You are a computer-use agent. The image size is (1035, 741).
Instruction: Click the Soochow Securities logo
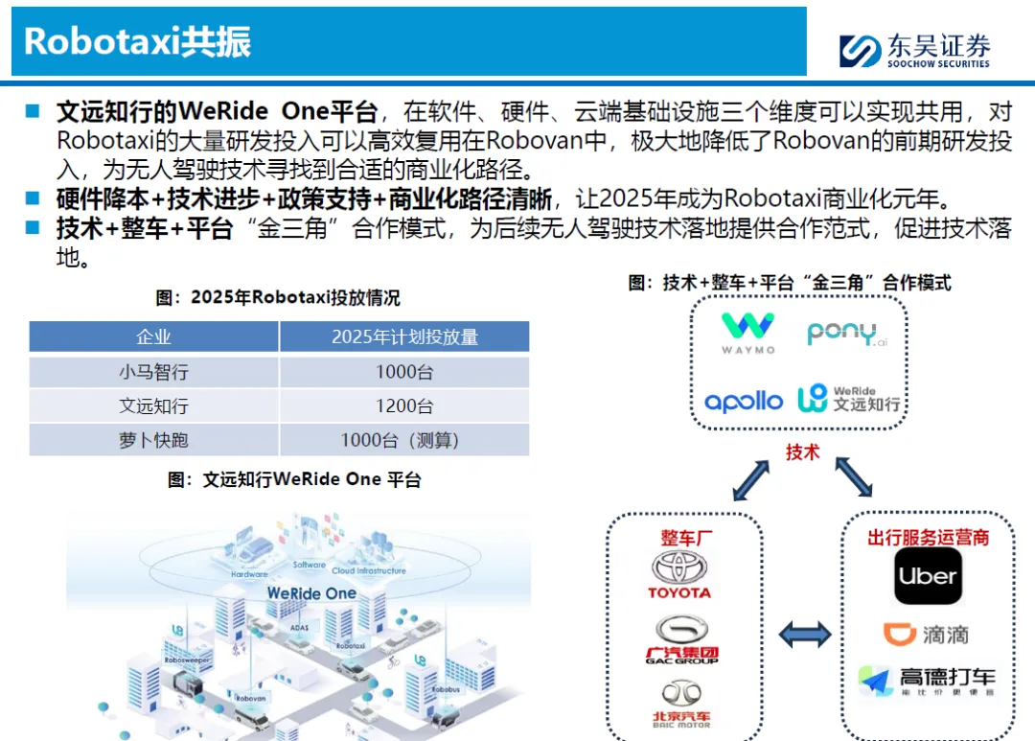pos(914,50)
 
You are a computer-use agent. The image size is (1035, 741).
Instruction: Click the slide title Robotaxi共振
pos(137,42)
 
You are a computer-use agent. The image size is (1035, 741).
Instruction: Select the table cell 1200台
pos(403,405)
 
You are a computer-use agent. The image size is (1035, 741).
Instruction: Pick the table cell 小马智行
pos(153,372)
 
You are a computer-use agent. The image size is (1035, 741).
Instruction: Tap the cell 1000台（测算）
pos(403,440)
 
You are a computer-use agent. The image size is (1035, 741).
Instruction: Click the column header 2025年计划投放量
pos(403,336)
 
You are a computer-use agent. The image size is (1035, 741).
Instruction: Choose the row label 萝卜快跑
pos(153,440)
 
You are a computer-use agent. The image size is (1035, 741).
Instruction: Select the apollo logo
pos(744,402)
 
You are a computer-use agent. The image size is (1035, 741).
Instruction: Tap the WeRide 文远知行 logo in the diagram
pos(849,399)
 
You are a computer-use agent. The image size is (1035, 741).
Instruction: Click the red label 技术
pos(802,452)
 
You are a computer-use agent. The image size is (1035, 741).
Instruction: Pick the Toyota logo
pos(679,575)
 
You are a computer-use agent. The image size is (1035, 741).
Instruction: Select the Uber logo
pos(928,576)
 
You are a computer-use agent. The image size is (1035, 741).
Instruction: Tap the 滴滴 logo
pos(926,634)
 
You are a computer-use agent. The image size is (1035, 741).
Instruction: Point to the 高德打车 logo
pos(926,681)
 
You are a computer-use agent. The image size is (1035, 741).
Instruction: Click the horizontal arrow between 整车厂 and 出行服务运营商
pos(804,634)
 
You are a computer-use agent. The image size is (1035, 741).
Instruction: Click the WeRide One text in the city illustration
pos(311,593)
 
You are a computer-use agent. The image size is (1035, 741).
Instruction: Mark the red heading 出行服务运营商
pos(928,537)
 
